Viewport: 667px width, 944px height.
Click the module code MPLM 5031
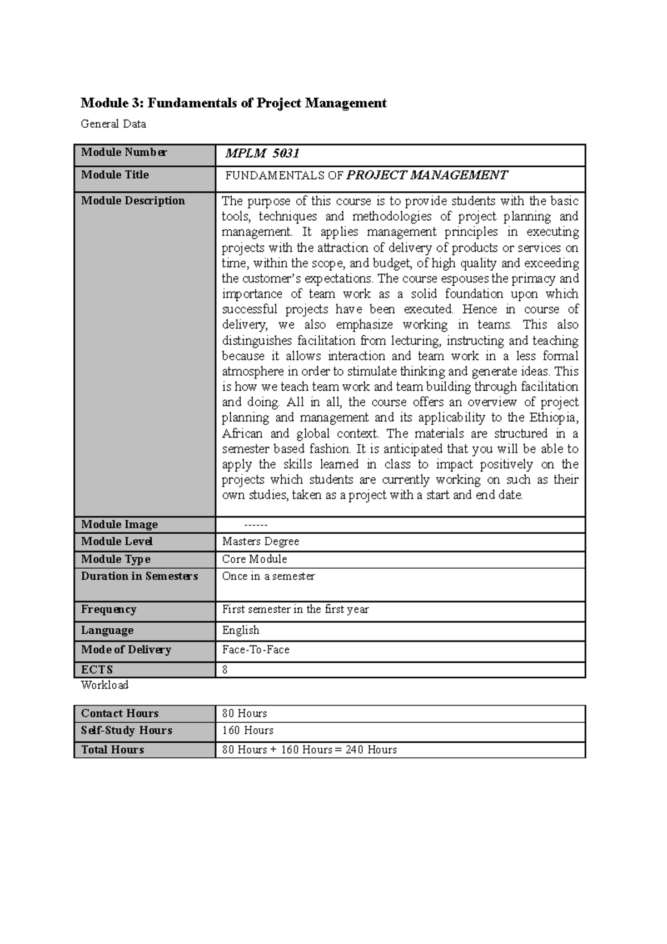pos(262,154)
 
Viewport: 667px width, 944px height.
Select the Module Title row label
pos(115,175)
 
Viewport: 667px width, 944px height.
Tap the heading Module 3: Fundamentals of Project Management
pos(233,103)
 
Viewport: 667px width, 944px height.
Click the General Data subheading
pos(113,124)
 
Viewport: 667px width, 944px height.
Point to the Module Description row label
pos(133,201)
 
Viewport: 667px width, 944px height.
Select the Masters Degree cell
pos(260,541)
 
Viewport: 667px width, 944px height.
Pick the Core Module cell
pos(255,559)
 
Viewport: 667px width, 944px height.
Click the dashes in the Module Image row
pos(256,525)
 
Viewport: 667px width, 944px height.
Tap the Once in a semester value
pos(268,577)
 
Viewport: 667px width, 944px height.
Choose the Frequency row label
pos(108,609)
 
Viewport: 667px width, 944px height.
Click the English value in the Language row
pos(241,630)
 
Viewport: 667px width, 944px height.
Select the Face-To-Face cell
pos(256,650)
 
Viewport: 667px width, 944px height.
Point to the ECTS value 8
pos(225,670)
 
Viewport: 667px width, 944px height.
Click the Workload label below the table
pos(104,685)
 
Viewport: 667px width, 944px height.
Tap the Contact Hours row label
pos(120,713)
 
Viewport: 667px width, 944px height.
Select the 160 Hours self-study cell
pos(247,731)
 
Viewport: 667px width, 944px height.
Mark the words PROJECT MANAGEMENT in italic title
pos(427,176)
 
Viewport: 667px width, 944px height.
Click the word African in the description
pos(242,433)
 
